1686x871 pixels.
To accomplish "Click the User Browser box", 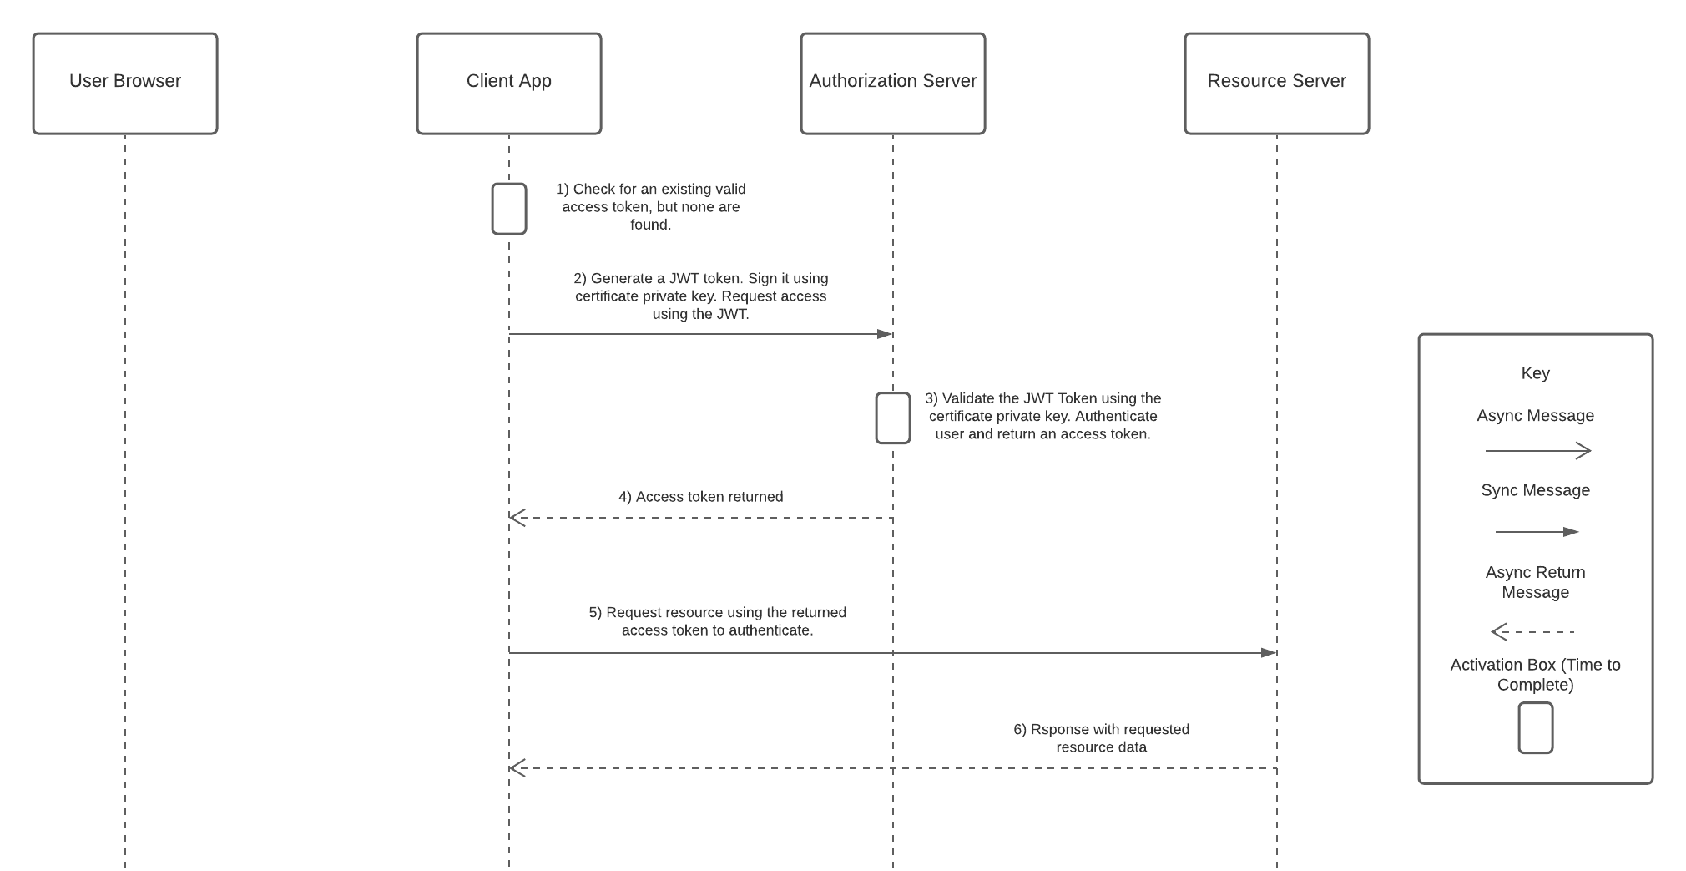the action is point(125,84).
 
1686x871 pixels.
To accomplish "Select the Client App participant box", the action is point(509,84).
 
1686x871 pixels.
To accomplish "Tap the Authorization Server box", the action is point(893,84).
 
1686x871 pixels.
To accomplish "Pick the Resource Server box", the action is point(1277,84).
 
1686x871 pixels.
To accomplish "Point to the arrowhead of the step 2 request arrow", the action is point(885,334).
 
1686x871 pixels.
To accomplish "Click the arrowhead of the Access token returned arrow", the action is point(517,518).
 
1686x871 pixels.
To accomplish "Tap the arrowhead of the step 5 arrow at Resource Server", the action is point(1269,652).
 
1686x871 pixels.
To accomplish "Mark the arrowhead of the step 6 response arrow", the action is point(517,768).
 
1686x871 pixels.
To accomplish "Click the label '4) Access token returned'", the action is point(701,497).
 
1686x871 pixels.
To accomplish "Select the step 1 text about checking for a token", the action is point(651,207).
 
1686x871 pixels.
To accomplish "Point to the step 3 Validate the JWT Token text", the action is point(1043,416).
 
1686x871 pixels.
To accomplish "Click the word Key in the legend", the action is point(1536,373).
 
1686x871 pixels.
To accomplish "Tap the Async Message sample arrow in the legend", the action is point(1538,451).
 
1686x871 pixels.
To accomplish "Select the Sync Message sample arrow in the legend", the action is point(1537,532).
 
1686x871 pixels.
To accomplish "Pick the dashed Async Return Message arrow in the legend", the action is point(1532,631).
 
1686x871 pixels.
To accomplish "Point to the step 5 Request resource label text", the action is point(718,621).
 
